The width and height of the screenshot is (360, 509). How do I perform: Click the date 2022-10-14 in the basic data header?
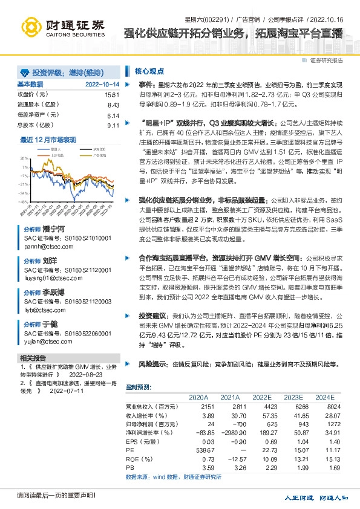(102, 84)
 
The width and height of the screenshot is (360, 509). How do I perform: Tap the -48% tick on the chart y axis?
(24, 202)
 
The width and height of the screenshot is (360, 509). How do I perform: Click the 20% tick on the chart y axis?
(24, 158)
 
